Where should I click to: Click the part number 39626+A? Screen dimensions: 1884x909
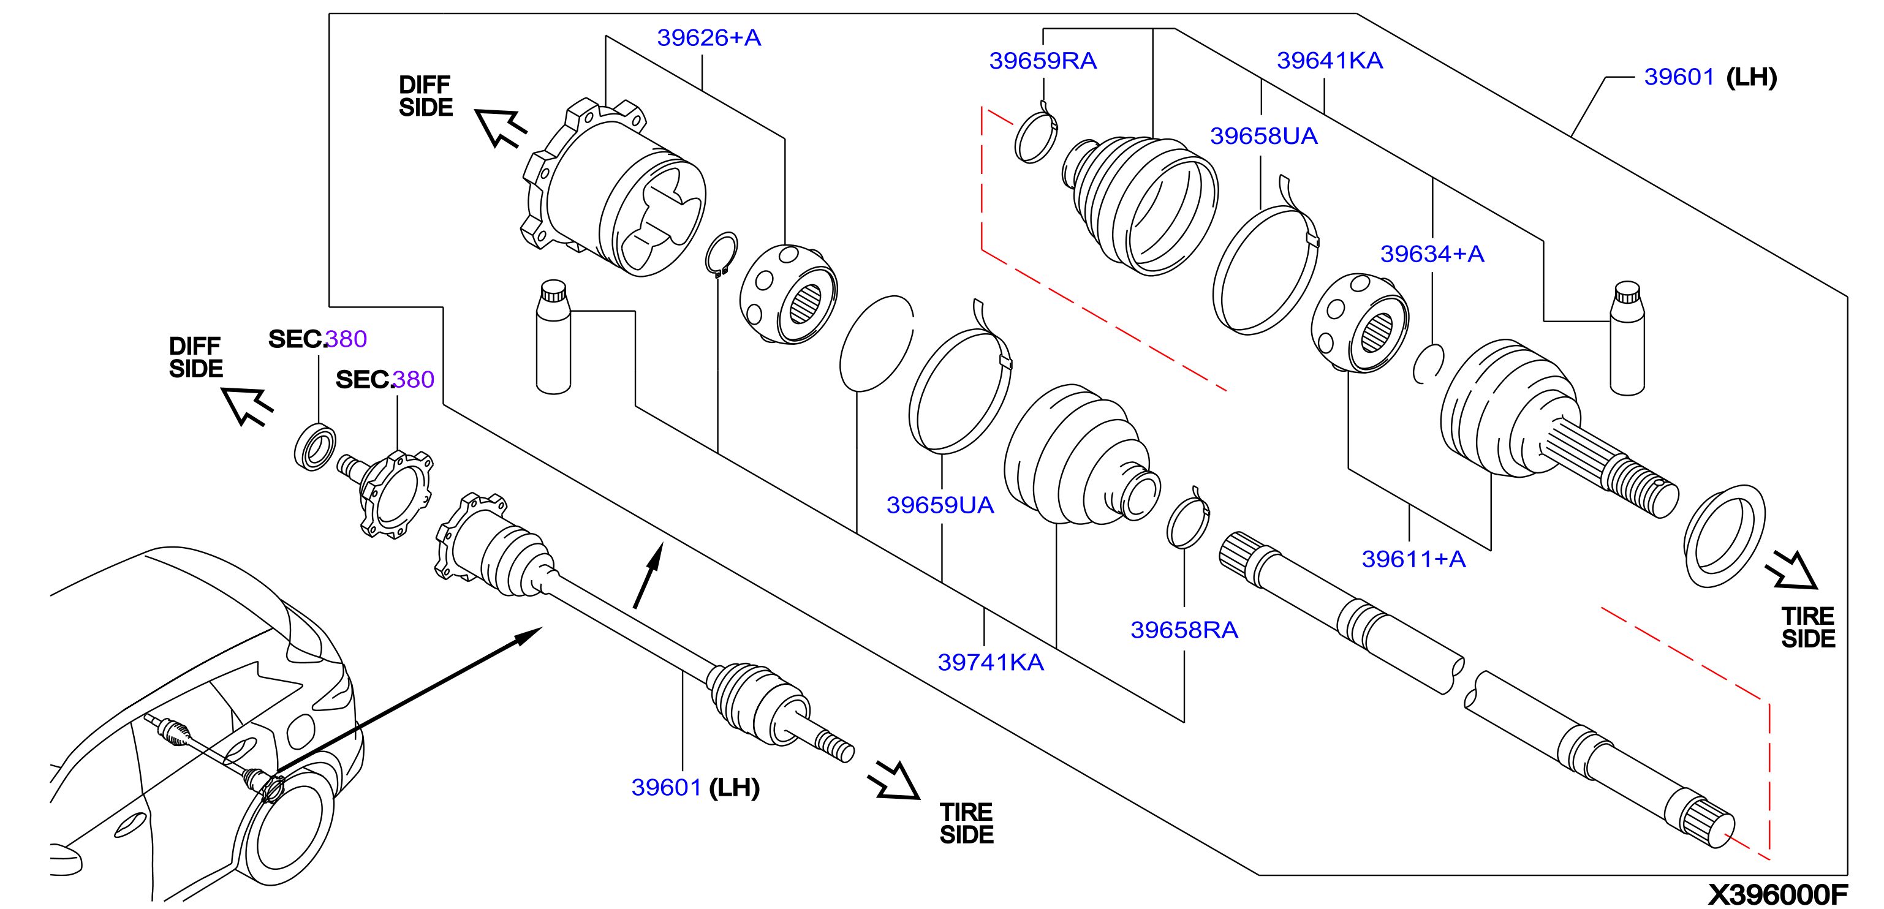click(x=709, y=37)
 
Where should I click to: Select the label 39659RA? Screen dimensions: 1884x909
click(x=1042, y=61)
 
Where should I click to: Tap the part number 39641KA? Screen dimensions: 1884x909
click(x=1330, y=60)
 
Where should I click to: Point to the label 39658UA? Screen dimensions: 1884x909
click(x=1263, y=136)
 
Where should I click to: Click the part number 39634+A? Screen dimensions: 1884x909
click(x=1432, y=254)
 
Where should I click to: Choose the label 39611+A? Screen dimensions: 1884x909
click(x=1413, y=559)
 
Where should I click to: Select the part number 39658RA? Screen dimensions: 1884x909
click(x=1184, y=630)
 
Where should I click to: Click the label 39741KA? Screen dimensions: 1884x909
click(x=990, y=662)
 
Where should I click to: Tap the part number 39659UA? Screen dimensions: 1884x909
click(x=940, y=505)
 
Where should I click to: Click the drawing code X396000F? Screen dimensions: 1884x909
click(x=1777, y=894)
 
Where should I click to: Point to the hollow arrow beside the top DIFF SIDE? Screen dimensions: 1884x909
click(x=500, y=127)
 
